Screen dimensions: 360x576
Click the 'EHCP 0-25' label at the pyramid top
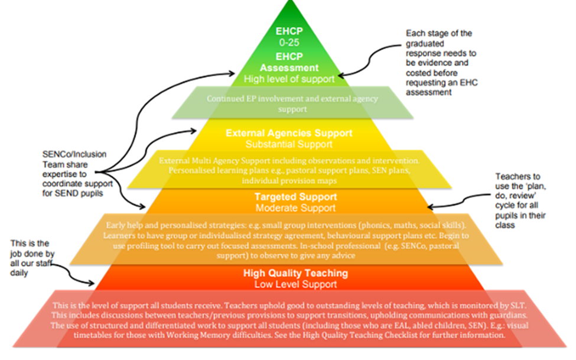(289, 37)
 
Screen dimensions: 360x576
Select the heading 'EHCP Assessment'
(289, 62)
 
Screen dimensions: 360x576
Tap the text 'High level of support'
(289, 78)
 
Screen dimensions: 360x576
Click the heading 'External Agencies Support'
(289, 133)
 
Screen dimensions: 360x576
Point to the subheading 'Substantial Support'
(289, 144)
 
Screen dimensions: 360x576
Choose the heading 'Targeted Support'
(289, 197)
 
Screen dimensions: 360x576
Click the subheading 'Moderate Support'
(289, 208)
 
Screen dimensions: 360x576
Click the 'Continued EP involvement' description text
(292, 103)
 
